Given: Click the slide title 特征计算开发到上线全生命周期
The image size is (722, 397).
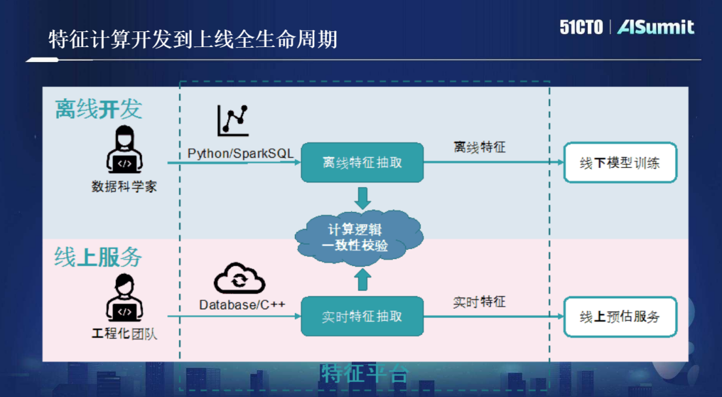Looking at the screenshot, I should pos(193,39).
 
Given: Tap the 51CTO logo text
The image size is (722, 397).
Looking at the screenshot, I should pos(581,27).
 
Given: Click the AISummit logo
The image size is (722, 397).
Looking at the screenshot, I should pos(655,27).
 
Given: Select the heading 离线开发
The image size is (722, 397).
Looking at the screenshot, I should pos(99,109).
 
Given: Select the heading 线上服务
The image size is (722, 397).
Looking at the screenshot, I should pos(98,257).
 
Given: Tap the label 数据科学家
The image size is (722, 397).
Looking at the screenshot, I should pos(124,186).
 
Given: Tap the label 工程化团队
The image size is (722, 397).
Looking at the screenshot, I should pos(124,334).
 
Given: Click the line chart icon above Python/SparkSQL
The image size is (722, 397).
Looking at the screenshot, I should pos(233,120).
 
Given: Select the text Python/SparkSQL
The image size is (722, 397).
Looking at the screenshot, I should pos(241,153).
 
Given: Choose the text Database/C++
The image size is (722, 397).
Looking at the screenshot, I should pos(242,305).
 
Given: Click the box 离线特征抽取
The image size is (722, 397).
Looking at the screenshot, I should pos(362,162).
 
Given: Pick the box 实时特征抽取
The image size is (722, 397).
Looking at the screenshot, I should pos(362,317).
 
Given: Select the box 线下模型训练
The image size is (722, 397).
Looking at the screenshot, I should pos(620,163).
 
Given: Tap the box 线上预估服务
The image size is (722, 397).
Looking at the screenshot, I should pos(620,317).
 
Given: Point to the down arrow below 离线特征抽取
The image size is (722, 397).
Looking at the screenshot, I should pos(362,196).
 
